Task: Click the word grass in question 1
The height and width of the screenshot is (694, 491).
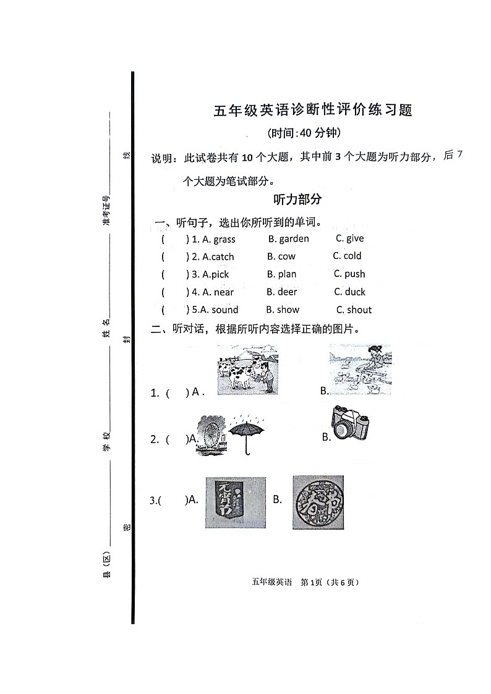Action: (224, 240)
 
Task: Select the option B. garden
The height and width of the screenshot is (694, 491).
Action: (288, 239)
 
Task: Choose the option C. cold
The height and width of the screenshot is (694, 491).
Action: (348, 256)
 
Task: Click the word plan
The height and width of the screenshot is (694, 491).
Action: (287, 274)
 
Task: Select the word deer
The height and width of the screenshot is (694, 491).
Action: (287, 292)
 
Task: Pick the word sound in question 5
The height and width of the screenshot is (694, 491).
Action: (224, 310)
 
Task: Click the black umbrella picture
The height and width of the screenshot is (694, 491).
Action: (246, 435)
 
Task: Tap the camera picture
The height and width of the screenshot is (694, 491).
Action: (350, 423)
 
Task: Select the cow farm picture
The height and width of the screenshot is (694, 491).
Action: (247, 369)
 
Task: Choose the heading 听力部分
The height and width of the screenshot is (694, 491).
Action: (297, 200)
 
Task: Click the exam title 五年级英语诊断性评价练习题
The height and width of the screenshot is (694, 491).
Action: (312, 111)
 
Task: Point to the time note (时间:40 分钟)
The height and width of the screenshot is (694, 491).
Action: (304, 133)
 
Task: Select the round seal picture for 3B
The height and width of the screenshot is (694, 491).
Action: (318, 501)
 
